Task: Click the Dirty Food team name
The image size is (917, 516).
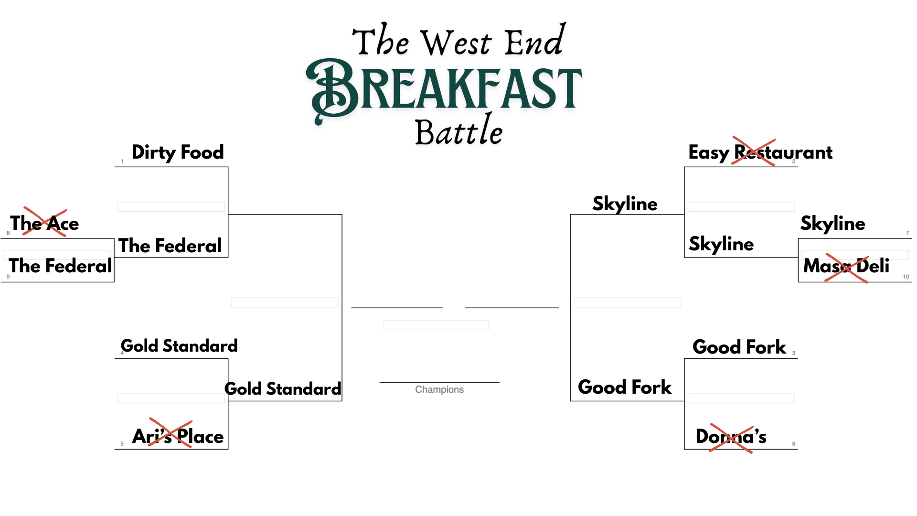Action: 178,152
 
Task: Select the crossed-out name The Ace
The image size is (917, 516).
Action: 44,223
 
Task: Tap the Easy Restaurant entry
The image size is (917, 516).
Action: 760,152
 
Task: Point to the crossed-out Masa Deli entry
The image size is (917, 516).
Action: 846,266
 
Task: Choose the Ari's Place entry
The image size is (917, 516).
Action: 178,436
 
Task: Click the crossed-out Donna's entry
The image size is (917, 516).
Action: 731,436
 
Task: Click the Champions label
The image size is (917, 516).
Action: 439,390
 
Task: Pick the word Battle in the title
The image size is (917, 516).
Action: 458,130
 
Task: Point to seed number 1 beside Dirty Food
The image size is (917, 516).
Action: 122,161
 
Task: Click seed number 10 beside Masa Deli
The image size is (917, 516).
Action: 906,277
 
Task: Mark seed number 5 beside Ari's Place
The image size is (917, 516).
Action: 122,444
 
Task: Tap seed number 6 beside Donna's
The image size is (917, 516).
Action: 794,444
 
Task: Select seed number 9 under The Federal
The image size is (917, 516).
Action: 8,277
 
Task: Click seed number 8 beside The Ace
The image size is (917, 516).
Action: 8,233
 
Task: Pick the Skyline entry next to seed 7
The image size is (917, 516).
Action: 832,223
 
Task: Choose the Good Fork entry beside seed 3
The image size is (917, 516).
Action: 739,347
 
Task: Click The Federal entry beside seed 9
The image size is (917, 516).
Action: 60,266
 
